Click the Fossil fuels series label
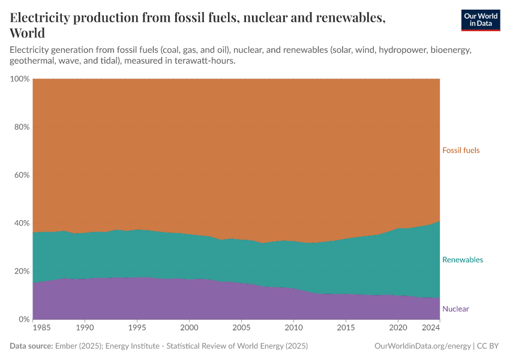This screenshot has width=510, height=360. [x=461, y=150]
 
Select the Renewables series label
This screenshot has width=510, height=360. [x=463, y=260]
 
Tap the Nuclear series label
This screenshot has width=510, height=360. [x=455, y=309]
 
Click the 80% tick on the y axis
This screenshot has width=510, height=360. [x=20, y=127]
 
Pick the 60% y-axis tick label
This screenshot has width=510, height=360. [x=20, y=175]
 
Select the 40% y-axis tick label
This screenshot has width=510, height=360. [x=20, y=223]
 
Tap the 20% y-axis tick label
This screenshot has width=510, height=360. [x=20, y=271]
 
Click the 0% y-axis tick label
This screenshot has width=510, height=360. [x=23, y=319]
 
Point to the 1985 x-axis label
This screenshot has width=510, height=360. [x=42, y=328]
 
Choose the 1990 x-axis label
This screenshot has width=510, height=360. [x=85, y=328]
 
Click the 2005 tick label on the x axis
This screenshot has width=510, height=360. [x=241, y=328]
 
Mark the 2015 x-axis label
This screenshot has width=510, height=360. [x=346, y=328]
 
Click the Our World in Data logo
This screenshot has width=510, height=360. [x=480, y=20]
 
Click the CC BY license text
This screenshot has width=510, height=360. [x=489, y=346]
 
